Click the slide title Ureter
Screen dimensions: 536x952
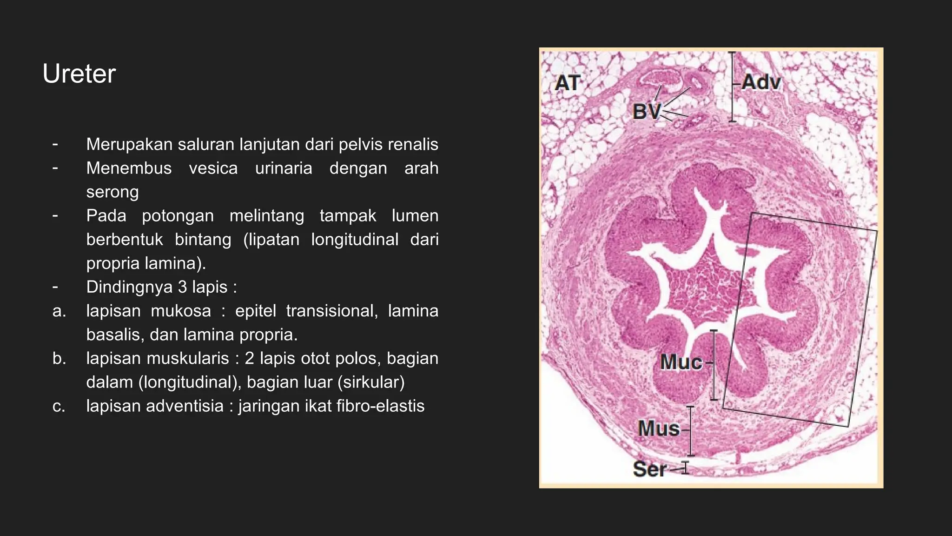point(79,74)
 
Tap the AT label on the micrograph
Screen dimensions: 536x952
point(567,83)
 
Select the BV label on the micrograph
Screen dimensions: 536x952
point(646,112)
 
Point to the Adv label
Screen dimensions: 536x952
point(761,82)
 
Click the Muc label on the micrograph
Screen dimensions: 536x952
point(681,362)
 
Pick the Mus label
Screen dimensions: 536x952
point(659,429)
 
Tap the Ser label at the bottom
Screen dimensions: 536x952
point(649,469)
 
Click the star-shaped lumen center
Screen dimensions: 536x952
point(702,284)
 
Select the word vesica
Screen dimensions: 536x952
point(213,168)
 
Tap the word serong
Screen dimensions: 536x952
point(112,192)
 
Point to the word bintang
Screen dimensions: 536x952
point(203,239)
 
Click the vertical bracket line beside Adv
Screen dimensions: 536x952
point(732,87)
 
